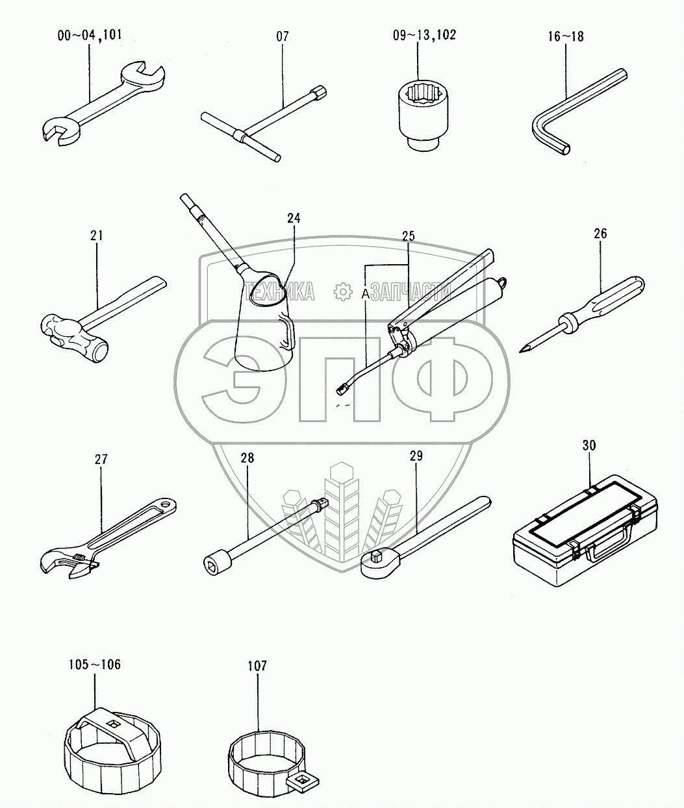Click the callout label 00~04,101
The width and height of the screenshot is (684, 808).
[x=90, y=35]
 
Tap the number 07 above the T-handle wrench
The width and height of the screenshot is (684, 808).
[x=282, y=36]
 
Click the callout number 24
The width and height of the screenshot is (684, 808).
[x=294, y=218]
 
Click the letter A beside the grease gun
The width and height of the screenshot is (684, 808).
[x=365, y=295]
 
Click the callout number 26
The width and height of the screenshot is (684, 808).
[x=600, y=234]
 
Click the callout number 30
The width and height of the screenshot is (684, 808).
[x=589, y=445]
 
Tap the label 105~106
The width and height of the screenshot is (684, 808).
[x=95, y=665]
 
